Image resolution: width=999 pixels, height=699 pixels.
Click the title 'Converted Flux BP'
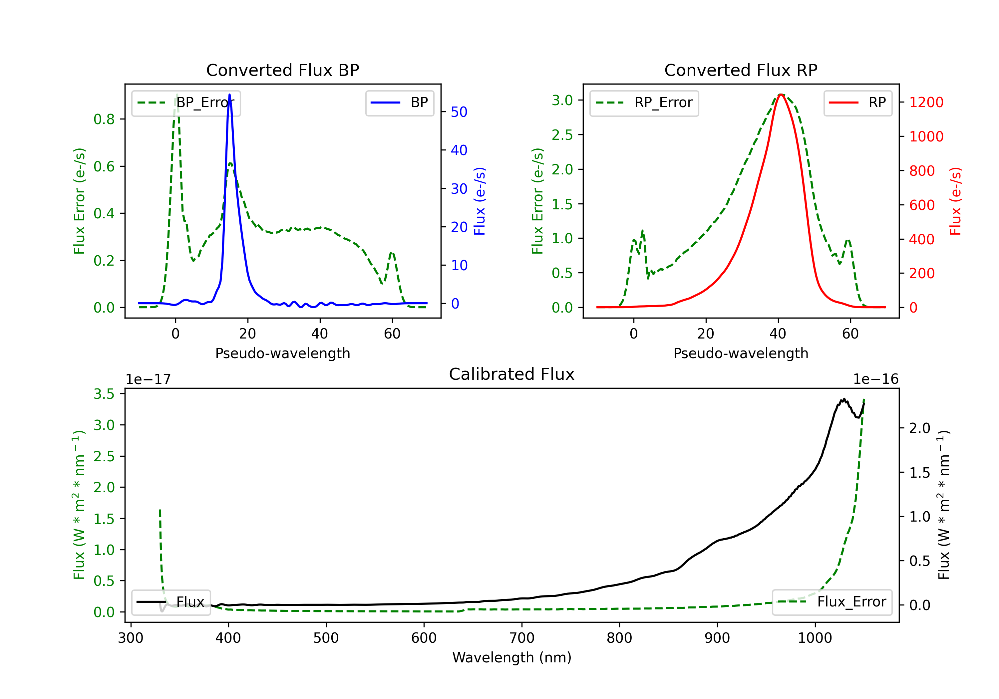[282, 70]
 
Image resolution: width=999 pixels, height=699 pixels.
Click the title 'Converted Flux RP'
[741, 70]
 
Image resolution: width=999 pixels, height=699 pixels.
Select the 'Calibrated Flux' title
[512, 374]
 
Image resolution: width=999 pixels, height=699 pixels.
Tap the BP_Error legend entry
[186, 103]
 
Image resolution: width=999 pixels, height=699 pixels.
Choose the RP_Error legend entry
[644, 103]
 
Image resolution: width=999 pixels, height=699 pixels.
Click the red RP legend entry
[857, 103]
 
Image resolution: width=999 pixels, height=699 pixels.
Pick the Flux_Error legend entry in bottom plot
[832, 602]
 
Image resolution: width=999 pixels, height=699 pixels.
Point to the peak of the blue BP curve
[229, 95]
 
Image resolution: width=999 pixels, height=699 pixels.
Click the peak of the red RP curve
[781, 95]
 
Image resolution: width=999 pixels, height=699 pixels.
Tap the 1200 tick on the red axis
[926, 103]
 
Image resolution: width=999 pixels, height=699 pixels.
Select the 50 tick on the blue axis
[459, 112]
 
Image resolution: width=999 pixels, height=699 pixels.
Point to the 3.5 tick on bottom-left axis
[104, 394]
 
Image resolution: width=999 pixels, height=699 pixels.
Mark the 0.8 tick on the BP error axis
[104, 119]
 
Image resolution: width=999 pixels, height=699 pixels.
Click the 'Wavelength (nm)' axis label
[512, 658]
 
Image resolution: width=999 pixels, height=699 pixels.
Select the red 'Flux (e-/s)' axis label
[955, 201]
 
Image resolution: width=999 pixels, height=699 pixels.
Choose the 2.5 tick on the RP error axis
[562, 135]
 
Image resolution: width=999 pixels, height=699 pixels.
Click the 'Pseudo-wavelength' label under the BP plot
[283, 353]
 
